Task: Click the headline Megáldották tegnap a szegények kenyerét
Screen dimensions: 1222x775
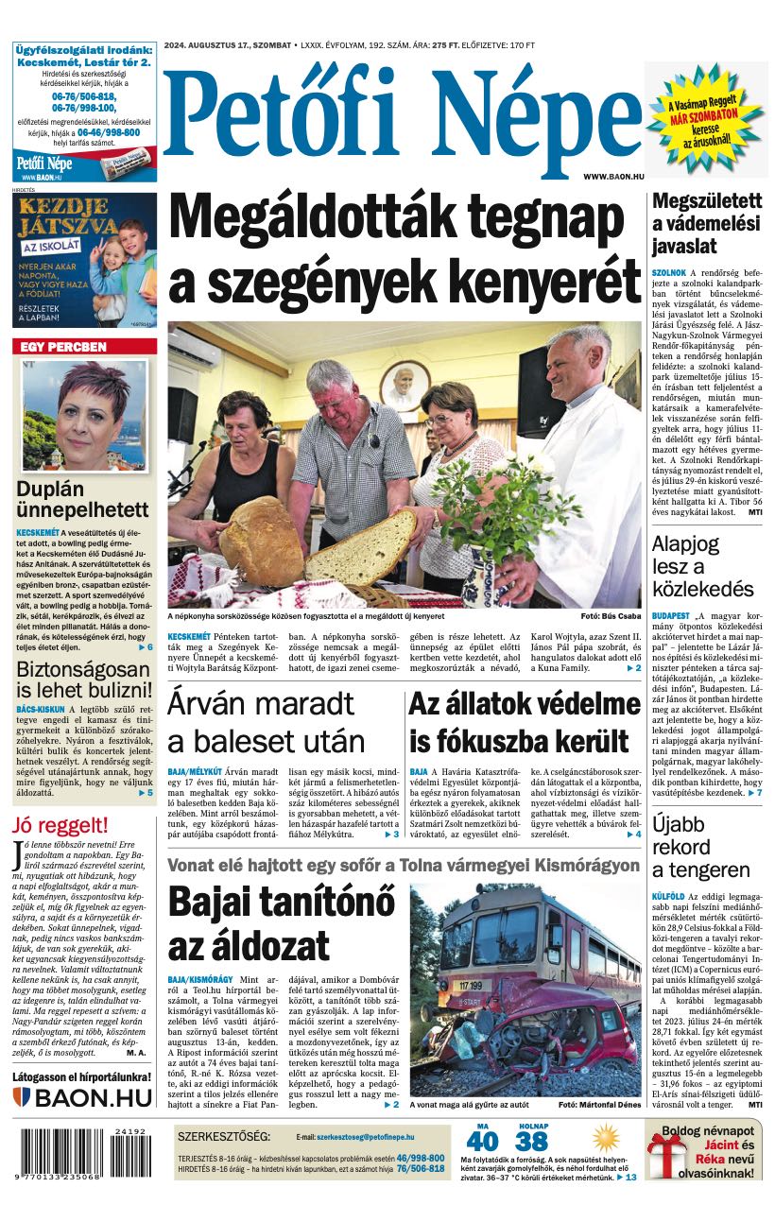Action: click(405, 248)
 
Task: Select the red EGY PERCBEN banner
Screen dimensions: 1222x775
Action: click(85, 347)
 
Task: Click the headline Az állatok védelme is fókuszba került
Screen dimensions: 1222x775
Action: click(525, 724)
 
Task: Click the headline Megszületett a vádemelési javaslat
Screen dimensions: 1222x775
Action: click(707, 224)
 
